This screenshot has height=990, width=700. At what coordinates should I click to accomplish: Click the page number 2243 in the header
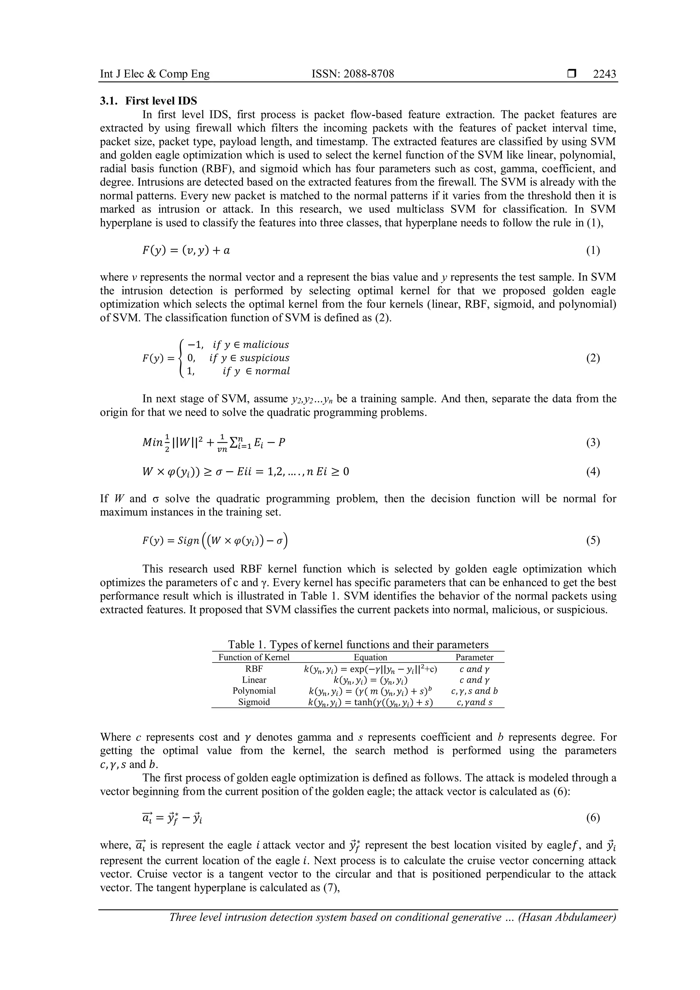coord(604,74)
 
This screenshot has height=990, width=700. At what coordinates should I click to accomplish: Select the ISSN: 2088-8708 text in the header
coord(353,74)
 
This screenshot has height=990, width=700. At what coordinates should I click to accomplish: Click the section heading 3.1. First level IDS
coord(148,101)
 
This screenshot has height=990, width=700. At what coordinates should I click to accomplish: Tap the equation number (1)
coord(593,251)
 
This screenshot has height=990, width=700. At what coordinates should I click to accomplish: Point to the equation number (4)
coord(593,472)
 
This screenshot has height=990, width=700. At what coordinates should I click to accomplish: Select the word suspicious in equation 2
coord(264,358)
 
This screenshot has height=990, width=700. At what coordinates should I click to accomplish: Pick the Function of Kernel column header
coord(254,657)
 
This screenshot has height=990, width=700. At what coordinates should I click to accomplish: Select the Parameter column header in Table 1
coord(474,657)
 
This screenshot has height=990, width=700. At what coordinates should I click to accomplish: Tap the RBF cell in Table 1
coord(254,669)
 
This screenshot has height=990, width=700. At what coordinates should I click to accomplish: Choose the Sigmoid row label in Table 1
coord(254,702)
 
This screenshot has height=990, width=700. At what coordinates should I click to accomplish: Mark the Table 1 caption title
coord(358,645)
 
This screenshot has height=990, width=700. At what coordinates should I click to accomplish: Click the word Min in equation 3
coord(152,442)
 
